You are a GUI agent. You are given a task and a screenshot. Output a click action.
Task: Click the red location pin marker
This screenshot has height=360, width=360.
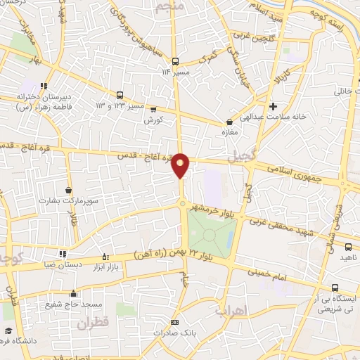pyautogui.click(x=181, y=165)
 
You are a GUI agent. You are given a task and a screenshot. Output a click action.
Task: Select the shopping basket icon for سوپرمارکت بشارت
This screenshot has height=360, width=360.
pyautogui.click(x=68, y=190)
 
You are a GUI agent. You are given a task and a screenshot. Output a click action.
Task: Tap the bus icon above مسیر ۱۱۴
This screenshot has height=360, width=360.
pyautogui.click(x=175, y=60)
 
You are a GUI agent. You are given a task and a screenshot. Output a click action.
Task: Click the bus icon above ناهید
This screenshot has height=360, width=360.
pyautogui.click(x=349, y=246)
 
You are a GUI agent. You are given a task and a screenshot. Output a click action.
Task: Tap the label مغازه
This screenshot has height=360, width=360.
pyautogui.click(x=229, y=132)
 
